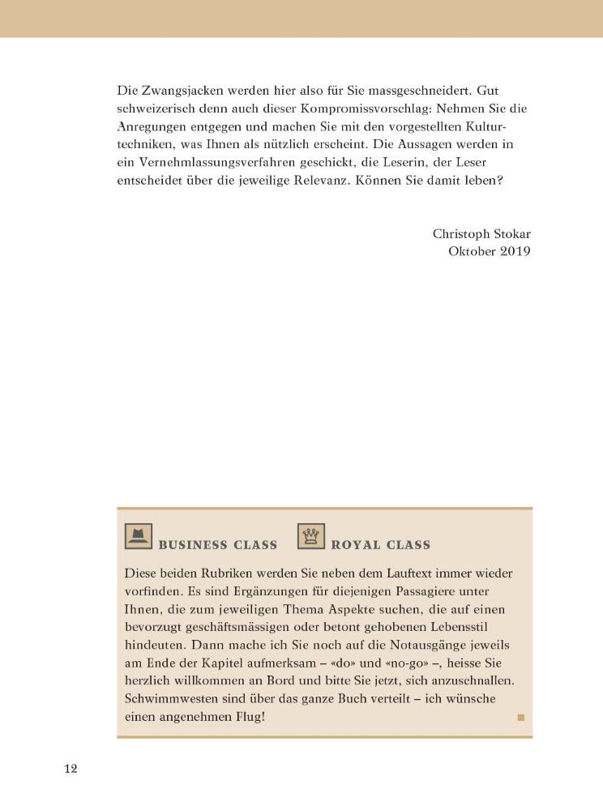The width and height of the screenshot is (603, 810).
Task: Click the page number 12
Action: tap(71, 769)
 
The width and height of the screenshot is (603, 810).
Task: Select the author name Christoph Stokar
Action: tap(481, 233)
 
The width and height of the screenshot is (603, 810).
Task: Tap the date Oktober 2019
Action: tap(489, 251)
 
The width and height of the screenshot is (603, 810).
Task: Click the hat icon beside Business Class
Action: tap(139, 536)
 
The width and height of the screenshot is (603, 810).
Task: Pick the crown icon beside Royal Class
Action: tap(310, 536)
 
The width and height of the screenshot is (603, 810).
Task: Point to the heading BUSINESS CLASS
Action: tap(217, 544)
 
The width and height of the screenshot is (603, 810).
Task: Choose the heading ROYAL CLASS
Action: tap(380, 544)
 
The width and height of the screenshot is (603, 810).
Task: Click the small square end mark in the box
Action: tap(520, 717)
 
